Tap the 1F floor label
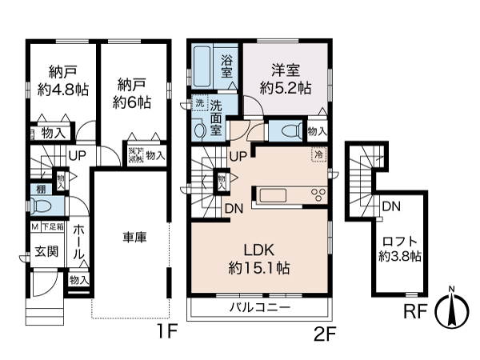point(166,330)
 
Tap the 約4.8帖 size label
point(62,90)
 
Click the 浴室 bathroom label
point(228,65)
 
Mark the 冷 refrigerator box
point(319,154)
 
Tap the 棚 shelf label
point(40,189)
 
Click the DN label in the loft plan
point(390,206)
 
